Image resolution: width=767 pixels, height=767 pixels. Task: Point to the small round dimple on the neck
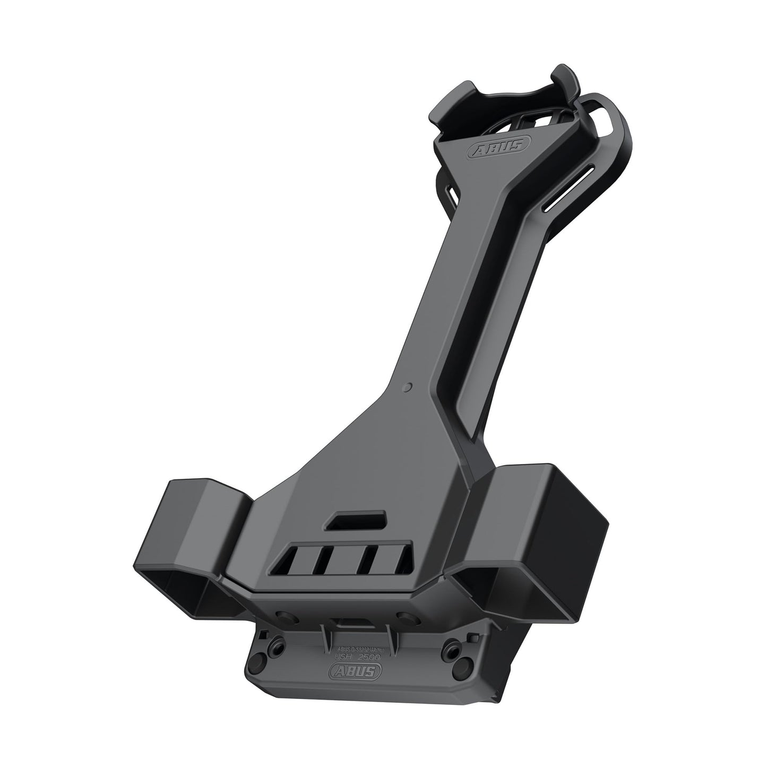tap(407, 387)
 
